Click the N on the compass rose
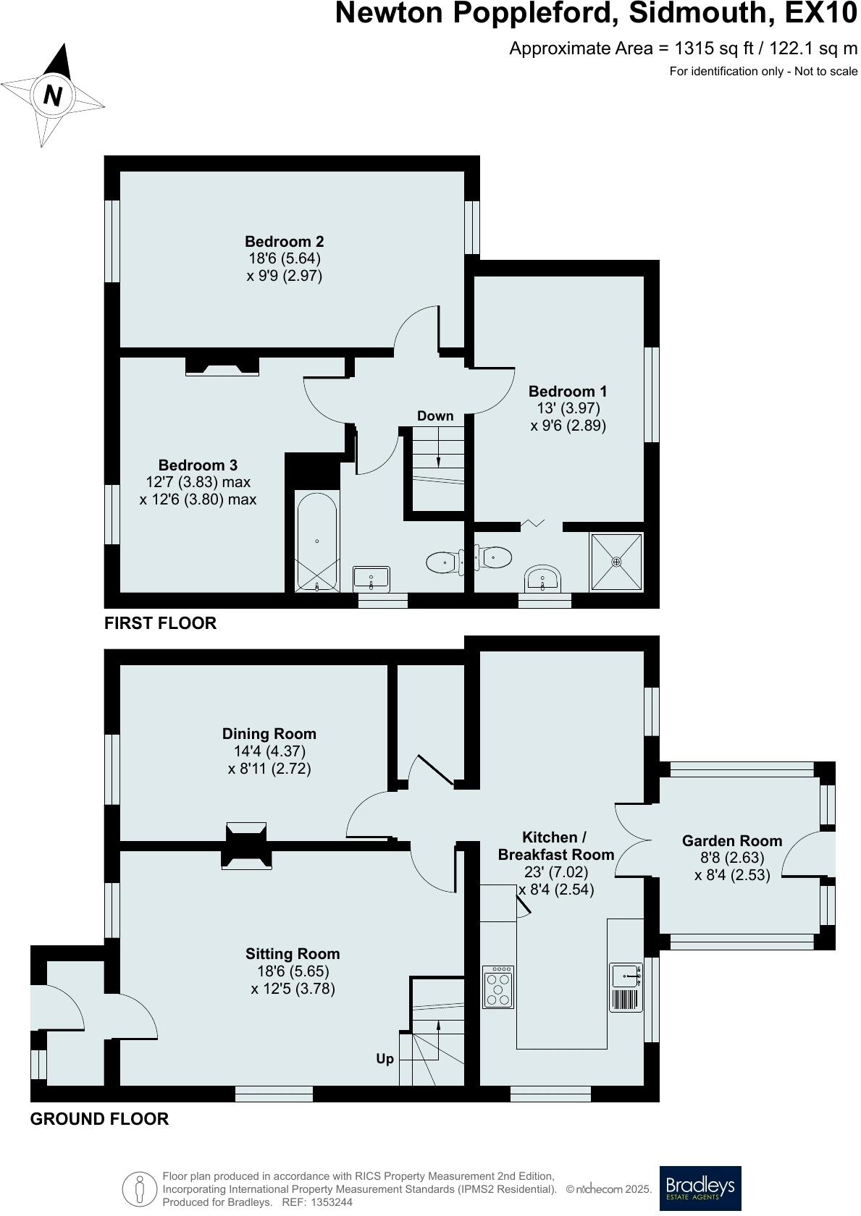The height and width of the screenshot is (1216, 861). click(53, 95)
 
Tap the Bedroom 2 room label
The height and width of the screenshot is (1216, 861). click(284, 242)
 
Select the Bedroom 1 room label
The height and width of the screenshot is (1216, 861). click(568, 392)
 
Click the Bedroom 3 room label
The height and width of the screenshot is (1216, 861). click(198, 465)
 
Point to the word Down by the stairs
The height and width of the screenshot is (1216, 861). click(435, 416)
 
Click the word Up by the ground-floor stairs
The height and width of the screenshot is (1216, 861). click(385, 1059)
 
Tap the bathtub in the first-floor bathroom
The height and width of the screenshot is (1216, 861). click(317, 541)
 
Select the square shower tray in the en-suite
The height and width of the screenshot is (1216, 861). click(616, 561)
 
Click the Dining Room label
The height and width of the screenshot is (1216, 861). click(269, 734)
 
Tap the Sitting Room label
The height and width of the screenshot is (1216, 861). click(293, 954)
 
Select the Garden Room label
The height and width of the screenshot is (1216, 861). click(732, 841)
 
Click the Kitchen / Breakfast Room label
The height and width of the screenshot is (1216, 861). click(555, 845)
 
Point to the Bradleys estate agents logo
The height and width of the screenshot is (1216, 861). click(700, 1188)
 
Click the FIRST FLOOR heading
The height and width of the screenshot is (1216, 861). click(160, 623)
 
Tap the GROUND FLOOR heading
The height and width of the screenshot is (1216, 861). click(99, 1119)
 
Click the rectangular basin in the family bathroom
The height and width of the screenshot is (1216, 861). click(372, 578)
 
